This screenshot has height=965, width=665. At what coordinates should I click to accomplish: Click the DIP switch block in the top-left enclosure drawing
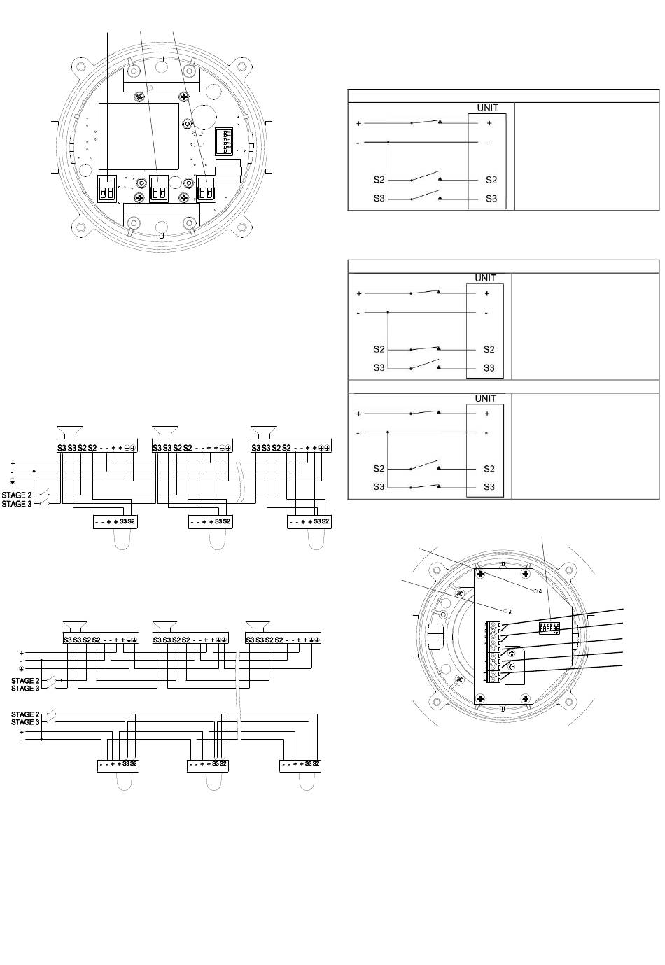(x=226, y=141)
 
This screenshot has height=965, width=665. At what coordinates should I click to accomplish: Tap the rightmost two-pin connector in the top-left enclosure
(x=206, y=189)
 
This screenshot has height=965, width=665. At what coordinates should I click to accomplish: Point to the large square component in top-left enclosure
(x=139, y=136)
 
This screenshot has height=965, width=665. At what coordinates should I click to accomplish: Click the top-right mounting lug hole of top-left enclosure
(x=244, y=68)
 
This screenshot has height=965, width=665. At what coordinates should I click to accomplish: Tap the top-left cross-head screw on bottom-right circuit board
(x=482, y=575)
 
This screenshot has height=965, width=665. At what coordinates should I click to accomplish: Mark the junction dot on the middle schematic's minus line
(x=388, y=312)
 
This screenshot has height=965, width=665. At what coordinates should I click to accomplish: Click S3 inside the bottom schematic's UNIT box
(x=489, y=487)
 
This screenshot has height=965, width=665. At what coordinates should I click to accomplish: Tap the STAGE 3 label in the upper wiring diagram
(x=17, y=504)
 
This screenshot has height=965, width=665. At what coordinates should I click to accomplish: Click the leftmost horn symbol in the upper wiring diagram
(x=70, y=432)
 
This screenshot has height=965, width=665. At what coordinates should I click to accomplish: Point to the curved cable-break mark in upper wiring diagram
(x=240, y=483)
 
